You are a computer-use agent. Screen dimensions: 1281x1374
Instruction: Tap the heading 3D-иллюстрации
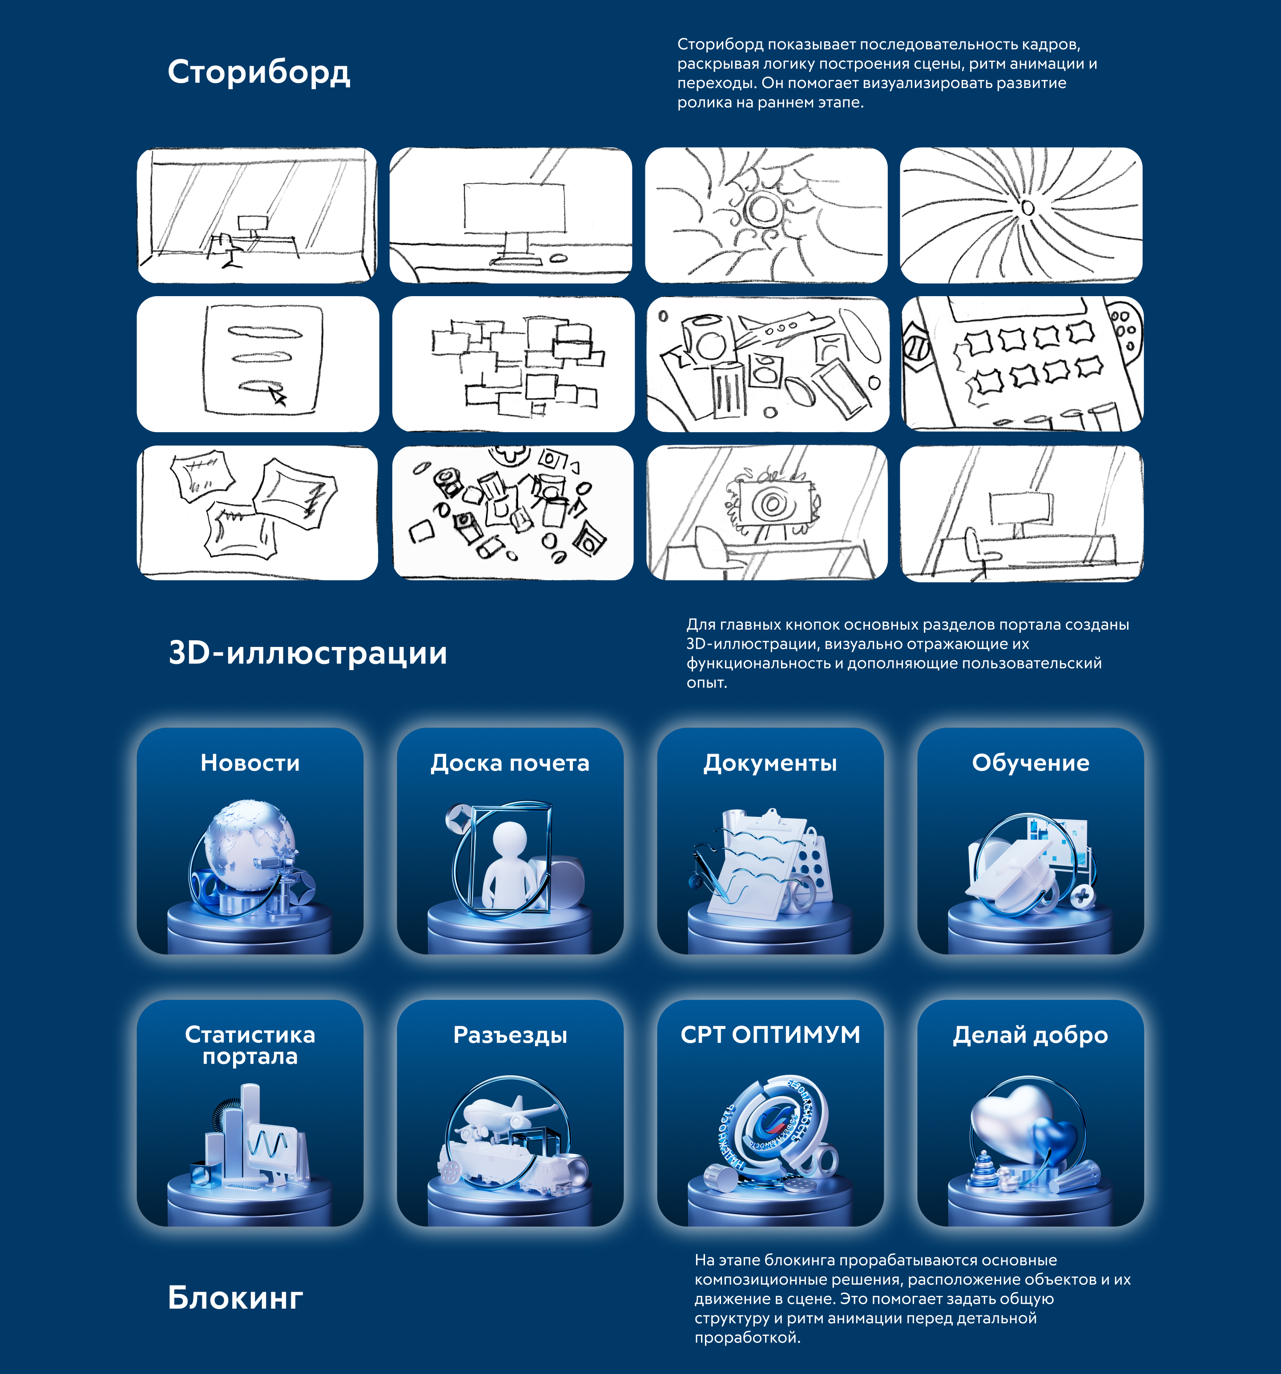pyautogui.click(x=308, y=653)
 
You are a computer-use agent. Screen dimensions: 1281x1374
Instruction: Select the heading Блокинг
pyautogui.click(x=235, y=1298)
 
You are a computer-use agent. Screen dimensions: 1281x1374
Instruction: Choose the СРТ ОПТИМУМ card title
pyautogui.click(x=770, y=1035)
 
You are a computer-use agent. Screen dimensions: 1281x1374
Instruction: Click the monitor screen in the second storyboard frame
pyautogui.click(x=514, y=207)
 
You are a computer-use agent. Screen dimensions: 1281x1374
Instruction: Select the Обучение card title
pyautogui.click(x=1030, y=763)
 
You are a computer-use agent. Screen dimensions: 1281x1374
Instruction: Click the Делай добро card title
pyautogui.click(x=1030, y=1035)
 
